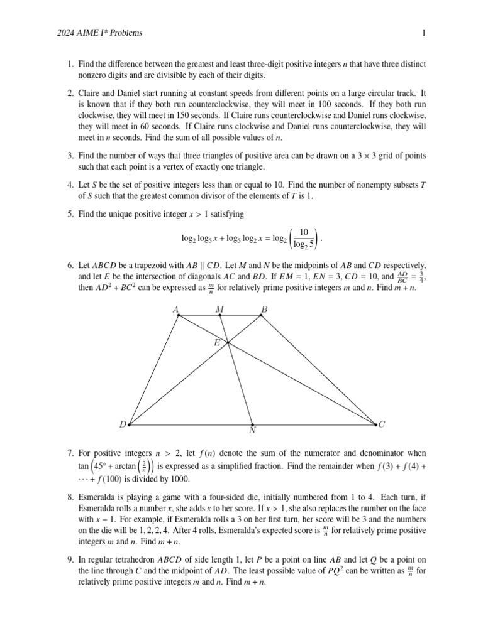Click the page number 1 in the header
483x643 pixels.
424,33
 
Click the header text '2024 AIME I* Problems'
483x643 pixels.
99,33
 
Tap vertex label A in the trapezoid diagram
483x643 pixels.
175,309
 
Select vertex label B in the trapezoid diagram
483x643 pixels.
265,309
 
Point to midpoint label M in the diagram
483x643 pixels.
219,309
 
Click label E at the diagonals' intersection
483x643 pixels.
217,343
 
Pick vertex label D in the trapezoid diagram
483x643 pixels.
123,424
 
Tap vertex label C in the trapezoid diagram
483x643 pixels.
382,424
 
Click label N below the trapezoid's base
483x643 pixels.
252,431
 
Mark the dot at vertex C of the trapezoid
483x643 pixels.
375,424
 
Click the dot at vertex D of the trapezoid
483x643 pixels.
130,424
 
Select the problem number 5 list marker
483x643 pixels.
70,215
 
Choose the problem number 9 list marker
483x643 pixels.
70,559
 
